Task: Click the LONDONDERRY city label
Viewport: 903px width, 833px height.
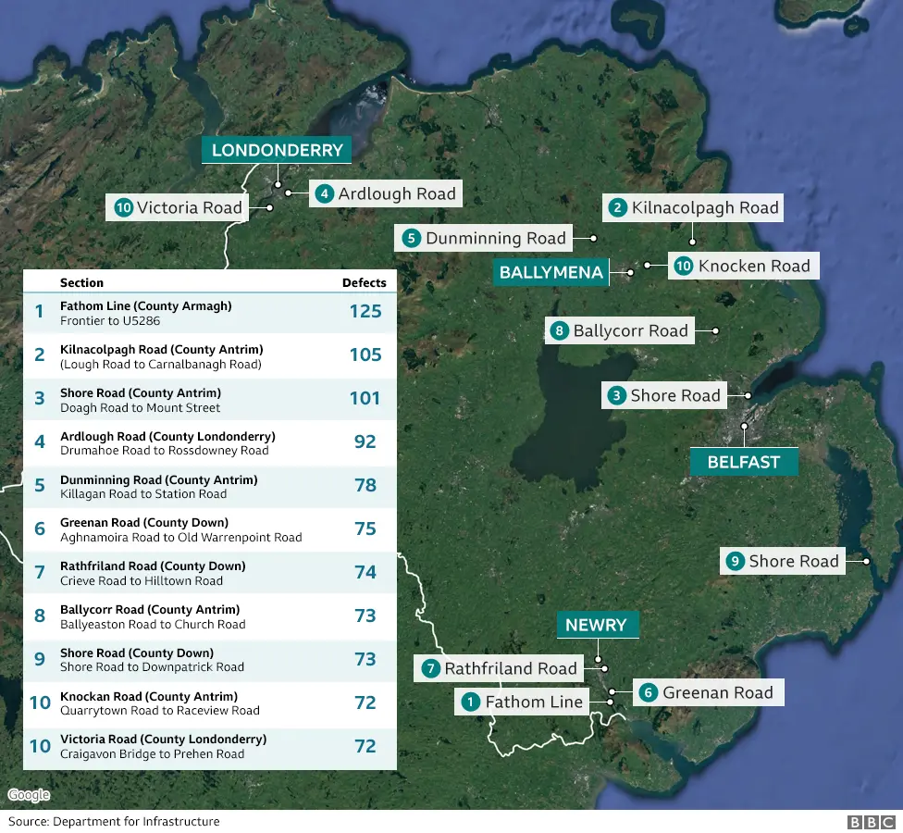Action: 277,151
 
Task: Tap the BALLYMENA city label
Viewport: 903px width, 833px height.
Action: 550,272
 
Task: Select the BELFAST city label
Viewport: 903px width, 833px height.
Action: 743,462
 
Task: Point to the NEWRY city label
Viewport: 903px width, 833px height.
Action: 596,625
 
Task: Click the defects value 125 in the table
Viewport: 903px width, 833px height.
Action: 365,311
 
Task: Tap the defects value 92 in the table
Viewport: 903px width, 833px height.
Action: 365,441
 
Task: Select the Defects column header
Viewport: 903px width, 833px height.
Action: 365,282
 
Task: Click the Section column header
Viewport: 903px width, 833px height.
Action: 81,282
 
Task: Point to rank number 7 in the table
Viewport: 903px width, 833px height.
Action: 40,572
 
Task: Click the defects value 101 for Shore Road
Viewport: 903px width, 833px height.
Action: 365,398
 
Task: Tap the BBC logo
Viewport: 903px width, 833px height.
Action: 872,822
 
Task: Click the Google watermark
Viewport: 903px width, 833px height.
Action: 29,795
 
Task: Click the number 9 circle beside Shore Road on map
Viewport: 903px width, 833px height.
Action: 736,561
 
